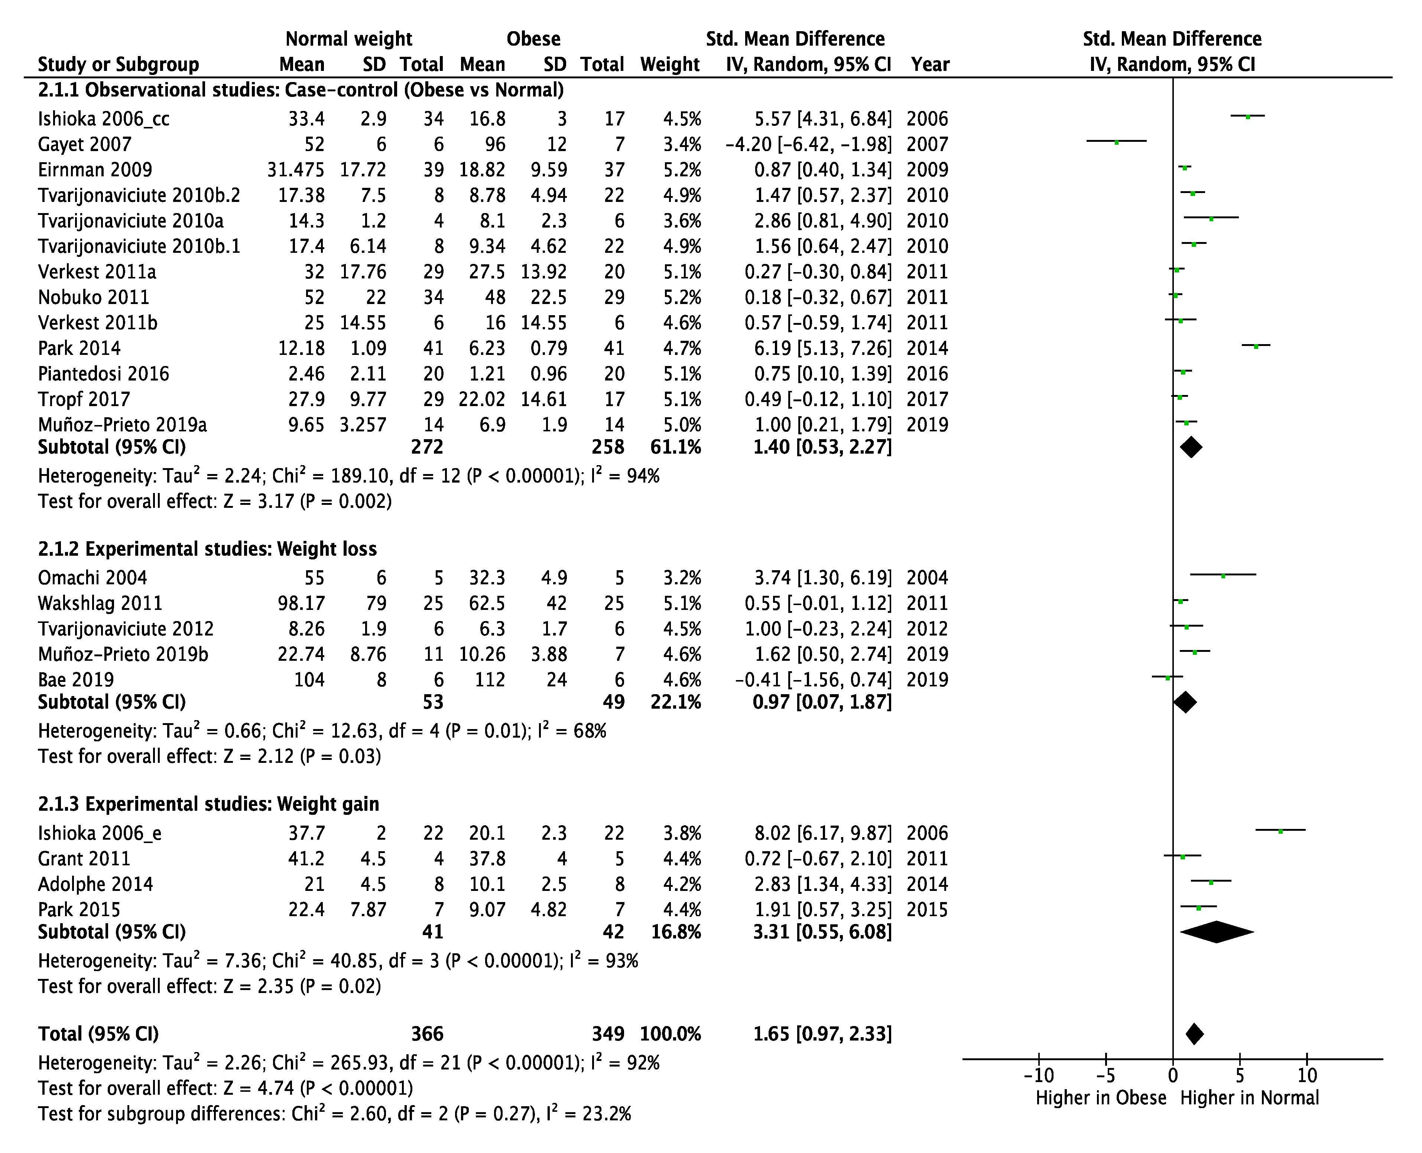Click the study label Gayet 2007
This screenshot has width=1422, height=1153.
click(84, 144)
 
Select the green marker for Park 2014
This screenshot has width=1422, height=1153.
click(1256, 345)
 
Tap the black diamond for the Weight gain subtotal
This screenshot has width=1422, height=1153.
click(1217, 932)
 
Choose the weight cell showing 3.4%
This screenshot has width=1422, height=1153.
click(682, 144)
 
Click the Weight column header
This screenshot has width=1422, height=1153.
click(670, 65)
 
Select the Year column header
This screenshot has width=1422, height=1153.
click(930, 65)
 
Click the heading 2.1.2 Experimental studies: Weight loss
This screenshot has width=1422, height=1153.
click(207, 549)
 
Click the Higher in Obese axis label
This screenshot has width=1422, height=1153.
click(1100, 1098)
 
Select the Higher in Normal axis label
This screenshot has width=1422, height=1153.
click(1249, 1098)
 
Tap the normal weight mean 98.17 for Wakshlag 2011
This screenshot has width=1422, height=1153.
click(301, 603)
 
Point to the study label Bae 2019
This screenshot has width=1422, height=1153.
click(76, 679)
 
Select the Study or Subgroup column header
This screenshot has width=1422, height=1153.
click(118, 65)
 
